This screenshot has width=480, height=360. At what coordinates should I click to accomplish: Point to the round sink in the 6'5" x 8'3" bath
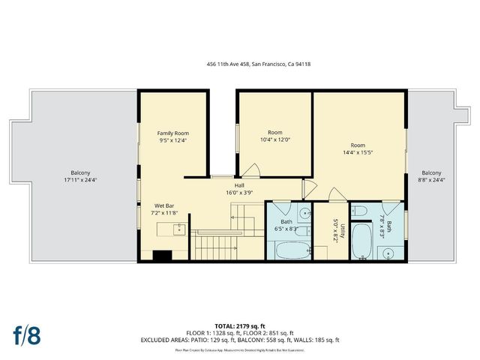click(x=304, y=214)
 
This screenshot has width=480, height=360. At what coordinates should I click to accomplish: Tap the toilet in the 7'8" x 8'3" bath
click(x=359, y=210)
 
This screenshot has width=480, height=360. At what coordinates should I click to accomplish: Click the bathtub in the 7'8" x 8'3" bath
click(x=361, y=241)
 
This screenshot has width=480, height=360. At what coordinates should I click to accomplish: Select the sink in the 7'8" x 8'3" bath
click(x=390, y=253)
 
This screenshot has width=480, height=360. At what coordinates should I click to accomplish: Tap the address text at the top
click(x=258, y=64)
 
